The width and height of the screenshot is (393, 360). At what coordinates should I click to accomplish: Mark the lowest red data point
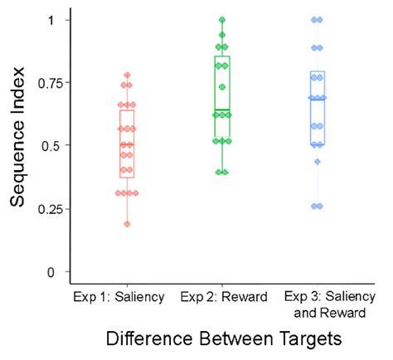pyautogui.click(x=127, y=224)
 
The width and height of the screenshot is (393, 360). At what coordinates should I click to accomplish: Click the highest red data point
pyautogui.click(x=127, y=75)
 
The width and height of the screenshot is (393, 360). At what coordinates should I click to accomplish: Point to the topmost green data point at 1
pyautogui.click(x=222, y=19)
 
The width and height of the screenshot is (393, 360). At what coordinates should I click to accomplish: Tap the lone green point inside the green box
pyautogui.click(x=222, y=87)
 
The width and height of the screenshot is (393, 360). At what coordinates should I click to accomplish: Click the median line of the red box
pyautogui.click(x=127, y=145)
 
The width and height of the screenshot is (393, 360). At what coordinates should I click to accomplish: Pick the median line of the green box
pyautogui.click(x=222, y=110)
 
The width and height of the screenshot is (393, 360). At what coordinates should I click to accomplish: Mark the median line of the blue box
pyautogui.click(x=317, y=98)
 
